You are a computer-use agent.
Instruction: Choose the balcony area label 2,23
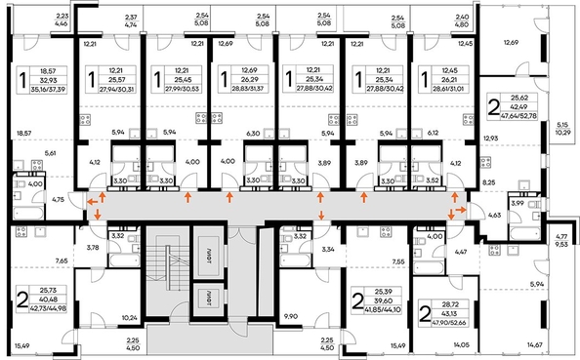[62, 17]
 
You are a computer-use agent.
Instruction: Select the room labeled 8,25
[490, 181]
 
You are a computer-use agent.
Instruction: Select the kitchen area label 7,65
[62, 261]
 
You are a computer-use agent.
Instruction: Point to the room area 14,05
[462, 345]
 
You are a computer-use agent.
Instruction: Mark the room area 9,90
[290, 317]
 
